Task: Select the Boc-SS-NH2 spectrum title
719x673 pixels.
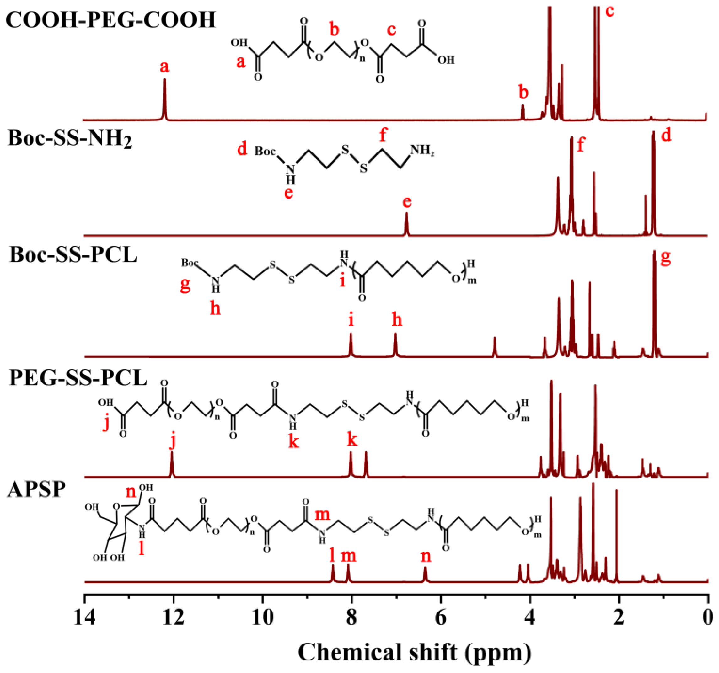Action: (70, 138)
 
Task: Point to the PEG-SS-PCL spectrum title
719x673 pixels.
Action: (78, 379)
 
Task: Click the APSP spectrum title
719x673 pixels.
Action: (36, 491)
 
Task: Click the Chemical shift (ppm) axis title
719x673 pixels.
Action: (415, 653)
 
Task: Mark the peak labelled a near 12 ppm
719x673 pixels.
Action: (165, 98)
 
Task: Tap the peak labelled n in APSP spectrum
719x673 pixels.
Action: (425, 574)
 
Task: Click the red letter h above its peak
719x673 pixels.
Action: (397, 320)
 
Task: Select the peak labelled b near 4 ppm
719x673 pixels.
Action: (523, 112)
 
